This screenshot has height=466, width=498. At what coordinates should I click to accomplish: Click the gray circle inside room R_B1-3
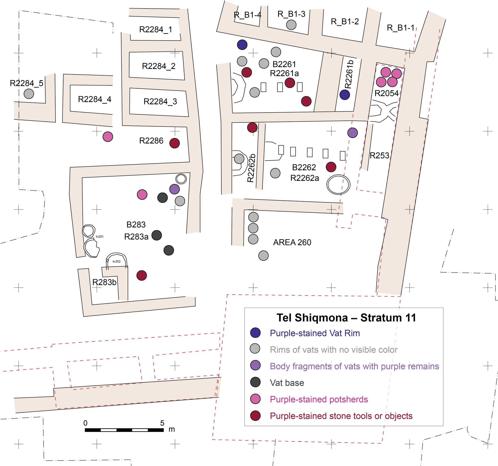click(x=291, y=25)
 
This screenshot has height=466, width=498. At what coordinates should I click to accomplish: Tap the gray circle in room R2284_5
click(x=29, y=94)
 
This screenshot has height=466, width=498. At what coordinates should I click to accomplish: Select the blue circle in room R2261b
click(x=345, y=95)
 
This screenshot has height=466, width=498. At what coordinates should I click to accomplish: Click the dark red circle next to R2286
click(x=175, y=143)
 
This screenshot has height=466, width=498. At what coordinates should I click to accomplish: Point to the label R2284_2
click(x=159, y=66)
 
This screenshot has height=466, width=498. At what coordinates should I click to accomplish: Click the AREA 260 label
click(x=292, y=242)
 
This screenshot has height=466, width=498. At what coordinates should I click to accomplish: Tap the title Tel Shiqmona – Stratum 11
click(x=346, y=318)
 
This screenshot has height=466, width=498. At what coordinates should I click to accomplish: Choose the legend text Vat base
click(x=287, y=383)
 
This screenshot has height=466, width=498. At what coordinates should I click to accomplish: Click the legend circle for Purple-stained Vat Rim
click(x=255, y=333)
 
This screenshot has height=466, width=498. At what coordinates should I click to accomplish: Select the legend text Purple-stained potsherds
click(x=319, y=399)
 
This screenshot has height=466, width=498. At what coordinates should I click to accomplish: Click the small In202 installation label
click(x=117, y=261)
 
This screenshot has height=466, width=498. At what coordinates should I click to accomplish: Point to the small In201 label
click(x=99, y=236)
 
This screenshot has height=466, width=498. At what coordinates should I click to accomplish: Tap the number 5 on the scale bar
click(x=162, y=423)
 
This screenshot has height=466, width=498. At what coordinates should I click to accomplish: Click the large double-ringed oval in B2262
click(x=338, y=184)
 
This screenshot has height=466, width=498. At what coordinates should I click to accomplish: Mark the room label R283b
click(x=104, y=282)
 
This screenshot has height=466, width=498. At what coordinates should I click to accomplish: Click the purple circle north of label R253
click(x=352, y=133)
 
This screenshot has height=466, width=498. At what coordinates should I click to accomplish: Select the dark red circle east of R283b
click(x=141, y=276)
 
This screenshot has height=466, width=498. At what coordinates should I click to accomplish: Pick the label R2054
click(x=386, y=93)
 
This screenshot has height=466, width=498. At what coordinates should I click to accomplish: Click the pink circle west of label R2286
click(x=108, y=137)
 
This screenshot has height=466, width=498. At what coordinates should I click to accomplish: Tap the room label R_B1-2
click(x=345, y=22)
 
